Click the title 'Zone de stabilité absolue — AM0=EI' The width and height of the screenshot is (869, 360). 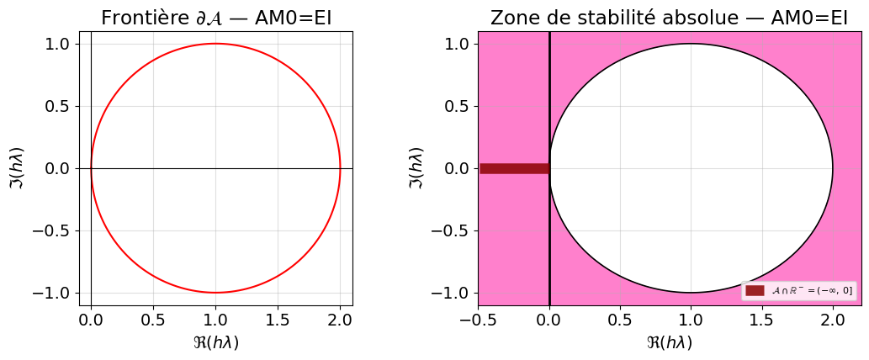pos(669,19)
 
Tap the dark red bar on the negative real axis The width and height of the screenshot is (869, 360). pos(514,168)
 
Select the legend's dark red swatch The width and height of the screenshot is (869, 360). pos(755,290)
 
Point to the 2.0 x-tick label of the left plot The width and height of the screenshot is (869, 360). pos(340,320)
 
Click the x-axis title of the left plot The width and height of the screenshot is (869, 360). pos(216,343)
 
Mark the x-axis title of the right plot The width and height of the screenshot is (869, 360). pos(669,343)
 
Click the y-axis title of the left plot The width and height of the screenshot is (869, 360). pos(18,168)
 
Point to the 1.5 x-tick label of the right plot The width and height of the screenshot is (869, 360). pos(761,320)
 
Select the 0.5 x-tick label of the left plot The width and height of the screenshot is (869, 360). pos(153,320)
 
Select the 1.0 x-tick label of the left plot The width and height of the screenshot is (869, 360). pos(215,320)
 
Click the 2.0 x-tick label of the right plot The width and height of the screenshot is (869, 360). pos(832,320)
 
